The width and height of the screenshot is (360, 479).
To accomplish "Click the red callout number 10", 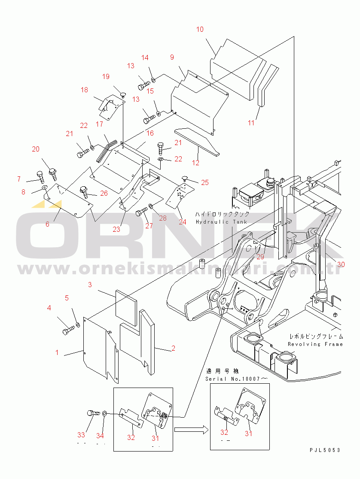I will pos(200,30).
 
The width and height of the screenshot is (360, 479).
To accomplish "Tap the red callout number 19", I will pos(106,77).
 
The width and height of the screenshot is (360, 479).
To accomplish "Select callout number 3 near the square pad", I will pos(90,285).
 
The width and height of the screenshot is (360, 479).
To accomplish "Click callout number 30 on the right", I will pos(341,264).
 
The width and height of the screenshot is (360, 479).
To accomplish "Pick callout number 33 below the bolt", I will pos(81,437).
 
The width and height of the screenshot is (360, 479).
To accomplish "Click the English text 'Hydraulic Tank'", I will pos(221,222).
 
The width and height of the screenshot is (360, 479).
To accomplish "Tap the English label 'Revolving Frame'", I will pos(315,344).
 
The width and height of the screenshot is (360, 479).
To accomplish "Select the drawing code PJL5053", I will pos(325,450).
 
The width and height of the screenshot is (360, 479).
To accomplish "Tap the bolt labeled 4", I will pos(69,331).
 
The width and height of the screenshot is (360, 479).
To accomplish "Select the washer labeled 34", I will pos(104,414).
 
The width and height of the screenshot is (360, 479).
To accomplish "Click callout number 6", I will pos(47,224).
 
